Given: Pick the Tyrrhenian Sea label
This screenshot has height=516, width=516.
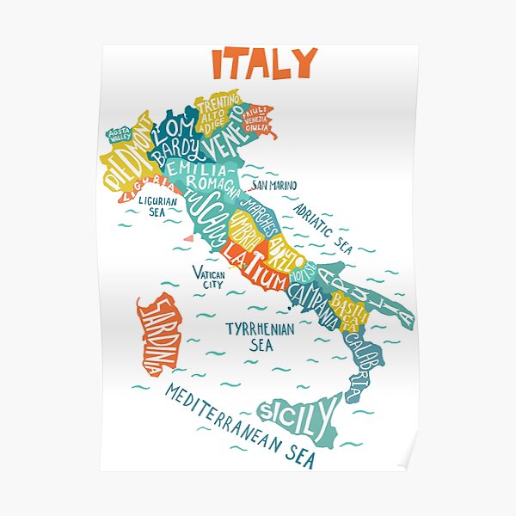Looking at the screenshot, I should tap(260, 336).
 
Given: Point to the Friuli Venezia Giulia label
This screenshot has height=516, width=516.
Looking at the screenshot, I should tap(257, 119).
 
